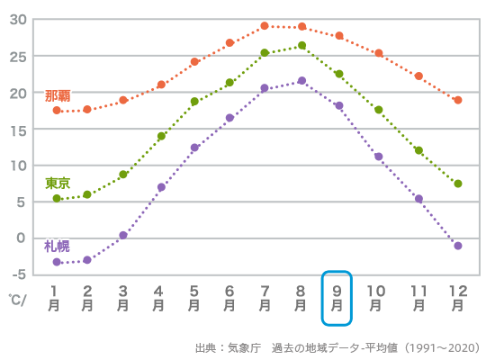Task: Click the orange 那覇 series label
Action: [x=58, y=95]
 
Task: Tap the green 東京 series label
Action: [x=58, y=183]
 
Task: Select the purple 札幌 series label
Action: [x=58, y=246]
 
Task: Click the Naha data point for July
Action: [x=265, y=26]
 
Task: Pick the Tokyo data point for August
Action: [x=301, y=46]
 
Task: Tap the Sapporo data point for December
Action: [x=458, y=246]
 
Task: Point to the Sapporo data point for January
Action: [x=57, y=262]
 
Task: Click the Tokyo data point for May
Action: [x=194, y=102]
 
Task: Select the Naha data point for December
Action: [x=458, y=100]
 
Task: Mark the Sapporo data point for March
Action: [x=123, y=235]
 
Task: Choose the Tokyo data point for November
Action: [x=418, y=150]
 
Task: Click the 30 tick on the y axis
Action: [x=19, y=20]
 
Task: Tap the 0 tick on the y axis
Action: [x=22, y=238]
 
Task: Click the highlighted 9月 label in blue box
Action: [x=337, y=298]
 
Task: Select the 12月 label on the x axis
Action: [x=458, y=298]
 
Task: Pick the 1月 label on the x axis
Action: [x=55, y=298]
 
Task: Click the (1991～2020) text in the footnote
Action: [x=442, y=347]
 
